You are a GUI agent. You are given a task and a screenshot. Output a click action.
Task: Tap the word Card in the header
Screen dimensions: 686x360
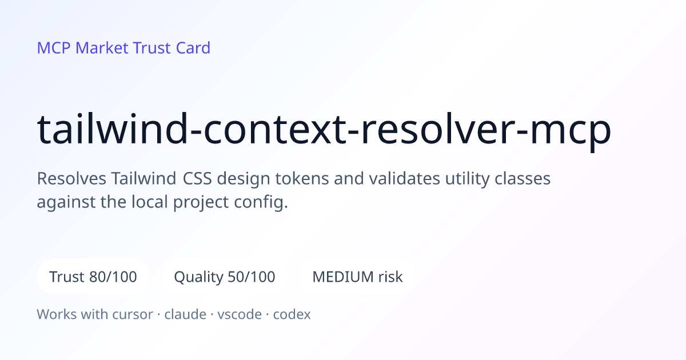(193, 48)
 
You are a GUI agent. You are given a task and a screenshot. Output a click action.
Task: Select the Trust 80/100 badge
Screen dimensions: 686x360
(93, 277)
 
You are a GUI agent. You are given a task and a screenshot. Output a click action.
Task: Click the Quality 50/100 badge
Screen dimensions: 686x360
(225, 277)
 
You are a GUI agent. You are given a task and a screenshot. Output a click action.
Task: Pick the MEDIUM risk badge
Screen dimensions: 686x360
(357, 277)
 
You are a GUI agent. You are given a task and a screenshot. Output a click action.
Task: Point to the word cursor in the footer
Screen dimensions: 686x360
(133, 314)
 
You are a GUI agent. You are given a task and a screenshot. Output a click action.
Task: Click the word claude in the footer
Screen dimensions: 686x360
(185, 314)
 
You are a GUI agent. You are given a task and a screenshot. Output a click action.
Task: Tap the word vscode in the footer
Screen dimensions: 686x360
(240, 314)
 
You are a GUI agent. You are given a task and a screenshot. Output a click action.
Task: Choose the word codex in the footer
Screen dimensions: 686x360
(292, 314)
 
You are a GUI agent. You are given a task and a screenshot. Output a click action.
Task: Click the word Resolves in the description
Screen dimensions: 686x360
(71, 178)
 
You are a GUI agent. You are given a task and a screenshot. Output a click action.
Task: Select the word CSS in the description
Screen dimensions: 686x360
(197, 178)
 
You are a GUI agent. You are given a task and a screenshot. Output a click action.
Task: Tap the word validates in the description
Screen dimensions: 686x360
(404, 178)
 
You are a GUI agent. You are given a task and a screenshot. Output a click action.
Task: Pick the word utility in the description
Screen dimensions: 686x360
(468, 179)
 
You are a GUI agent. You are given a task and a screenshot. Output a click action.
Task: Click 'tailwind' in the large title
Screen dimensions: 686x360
(112, 129)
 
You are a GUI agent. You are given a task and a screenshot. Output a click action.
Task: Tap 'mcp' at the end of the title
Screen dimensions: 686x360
(571, 132)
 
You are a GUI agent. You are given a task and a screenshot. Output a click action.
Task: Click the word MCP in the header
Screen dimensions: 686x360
(54, 48)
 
